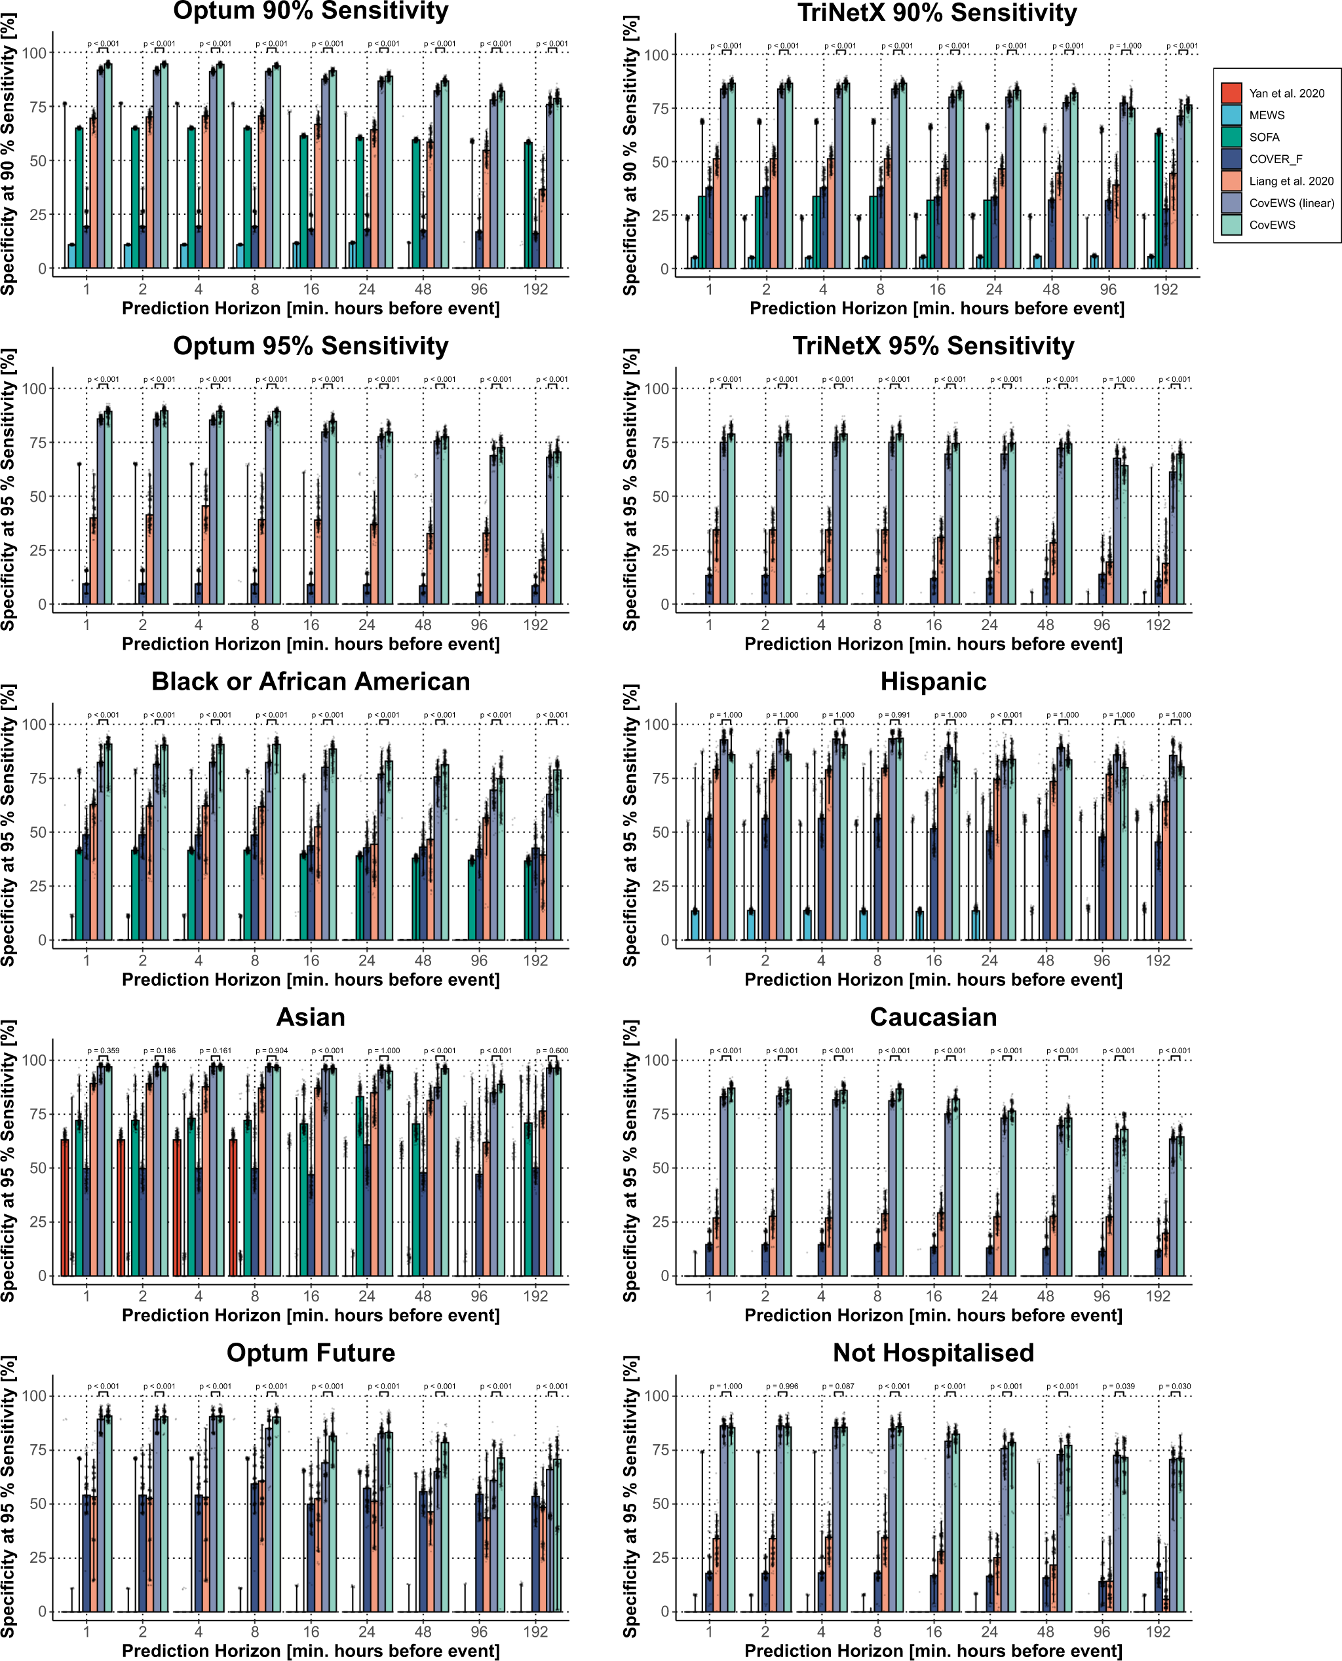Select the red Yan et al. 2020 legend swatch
[x=1231, y=93]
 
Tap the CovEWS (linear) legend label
[x=1291, y=203]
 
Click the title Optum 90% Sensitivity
[x=311, y=11]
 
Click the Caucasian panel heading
[x=933, y=1017]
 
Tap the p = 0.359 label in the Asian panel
[x=104, y=1051]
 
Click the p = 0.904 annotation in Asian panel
[x=271, y=1051]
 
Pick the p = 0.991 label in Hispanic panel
[x=894, y=715]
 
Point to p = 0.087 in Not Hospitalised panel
[x=838, y=1386]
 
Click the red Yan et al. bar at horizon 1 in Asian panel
[x=65, y=1205]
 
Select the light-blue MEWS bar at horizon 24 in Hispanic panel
[x=976, y=925]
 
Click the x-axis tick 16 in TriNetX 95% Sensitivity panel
[x=934, y=624]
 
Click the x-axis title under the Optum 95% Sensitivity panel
[x=311, y=644]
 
